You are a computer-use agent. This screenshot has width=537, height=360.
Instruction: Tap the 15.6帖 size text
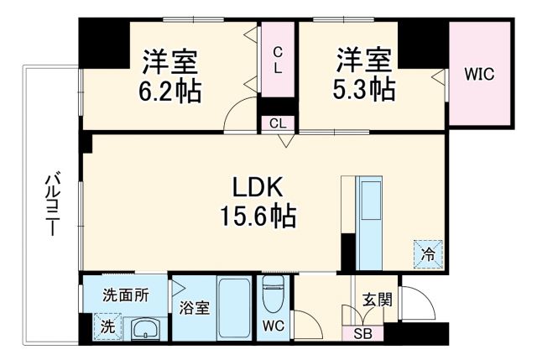258,217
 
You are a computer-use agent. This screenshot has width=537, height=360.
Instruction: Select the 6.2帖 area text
170,90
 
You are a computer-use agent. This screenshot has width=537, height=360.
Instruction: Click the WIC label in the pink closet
479,74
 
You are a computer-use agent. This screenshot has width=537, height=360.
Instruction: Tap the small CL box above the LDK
278,123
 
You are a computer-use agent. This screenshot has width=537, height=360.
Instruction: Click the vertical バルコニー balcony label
51,204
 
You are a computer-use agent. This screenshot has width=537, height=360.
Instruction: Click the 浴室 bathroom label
196,307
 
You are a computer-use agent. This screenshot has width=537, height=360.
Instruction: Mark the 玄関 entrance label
376,300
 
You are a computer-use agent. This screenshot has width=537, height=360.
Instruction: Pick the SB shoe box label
362,333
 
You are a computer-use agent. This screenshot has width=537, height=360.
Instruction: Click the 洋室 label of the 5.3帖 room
365,60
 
